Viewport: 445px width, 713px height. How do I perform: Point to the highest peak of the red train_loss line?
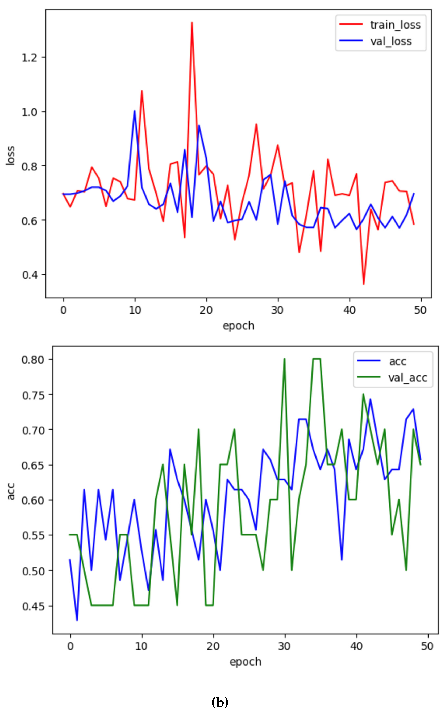click(x=192, y=22)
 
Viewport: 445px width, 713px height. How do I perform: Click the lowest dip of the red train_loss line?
click(x=364, y=284)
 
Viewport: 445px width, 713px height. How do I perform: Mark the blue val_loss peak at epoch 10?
click(x=135, y=111)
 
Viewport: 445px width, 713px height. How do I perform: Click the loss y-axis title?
click(x=11, y=155)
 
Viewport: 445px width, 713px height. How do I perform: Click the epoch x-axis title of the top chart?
click(x=238, y=326)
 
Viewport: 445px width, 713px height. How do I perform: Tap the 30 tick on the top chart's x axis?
click(x=277, y=310)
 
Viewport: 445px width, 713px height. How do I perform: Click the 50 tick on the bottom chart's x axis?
click(x=427, y=646)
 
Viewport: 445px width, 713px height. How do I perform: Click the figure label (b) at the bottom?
click(x=220, y=702)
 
